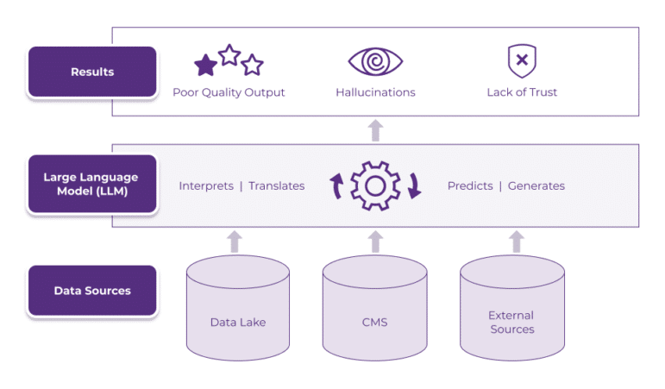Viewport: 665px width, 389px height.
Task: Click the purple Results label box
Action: pyautogui.click(x=92, y=72)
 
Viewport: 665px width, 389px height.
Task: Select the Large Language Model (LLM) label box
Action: pyautogui.click(x=92, y=185)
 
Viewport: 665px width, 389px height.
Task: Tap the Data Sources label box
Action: pyautogui.click(x=92, y=291)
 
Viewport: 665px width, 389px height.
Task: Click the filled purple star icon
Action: pyautogui.click(x=205, y=66)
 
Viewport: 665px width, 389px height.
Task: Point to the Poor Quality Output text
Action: pyautogui.click(x=229, y=92)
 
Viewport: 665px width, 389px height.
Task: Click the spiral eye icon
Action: pyautogui.click(x=375, y=61)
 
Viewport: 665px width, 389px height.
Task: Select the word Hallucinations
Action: pyautogui.click(x=375, y=92)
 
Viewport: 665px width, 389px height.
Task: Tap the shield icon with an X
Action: pyautogui.click(x=521, y=61)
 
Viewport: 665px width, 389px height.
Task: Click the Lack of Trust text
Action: pyautogui.click(x=521, y=92)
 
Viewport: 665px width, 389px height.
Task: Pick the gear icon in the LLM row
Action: pyautogui.click(x=375, y=185)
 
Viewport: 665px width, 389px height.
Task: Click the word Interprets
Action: pyautogui.click(x=205, y=185)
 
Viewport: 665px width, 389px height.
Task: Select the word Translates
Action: pyautogui.click(x=276, y=185)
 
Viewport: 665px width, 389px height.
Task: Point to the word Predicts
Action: pyautogui.click(x=470, y=185)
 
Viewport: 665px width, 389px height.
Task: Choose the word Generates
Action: pyautogui.click(x=536, y=185)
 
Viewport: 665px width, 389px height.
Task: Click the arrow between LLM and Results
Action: pyautogui.click(x=375, y=130)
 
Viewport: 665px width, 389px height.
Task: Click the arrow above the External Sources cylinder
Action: pyautogui.click(x=517, y=242)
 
